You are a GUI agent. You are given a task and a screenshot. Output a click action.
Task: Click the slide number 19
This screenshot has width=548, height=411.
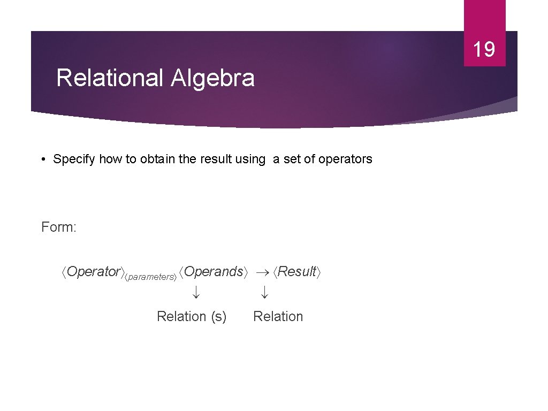(x=484, y=49)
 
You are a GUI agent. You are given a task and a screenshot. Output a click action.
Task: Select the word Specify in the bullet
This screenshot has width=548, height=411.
(x=74, y=159)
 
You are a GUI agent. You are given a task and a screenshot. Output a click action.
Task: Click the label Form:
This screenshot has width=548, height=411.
(x=59, y=227)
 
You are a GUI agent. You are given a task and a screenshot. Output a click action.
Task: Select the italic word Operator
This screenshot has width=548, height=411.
(x=94, y=272)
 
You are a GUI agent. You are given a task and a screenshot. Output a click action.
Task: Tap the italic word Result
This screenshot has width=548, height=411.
(x=297, y=272)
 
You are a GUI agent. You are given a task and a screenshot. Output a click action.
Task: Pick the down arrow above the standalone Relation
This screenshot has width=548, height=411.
(x=264, y=292)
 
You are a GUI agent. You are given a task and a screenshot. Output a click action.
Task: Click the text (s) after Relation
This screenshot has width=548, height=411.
(x=218, y=317)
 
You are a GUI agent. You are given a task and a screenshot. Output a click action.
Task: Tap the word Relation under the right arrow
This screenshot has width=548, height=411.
(x=278, y=317)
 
